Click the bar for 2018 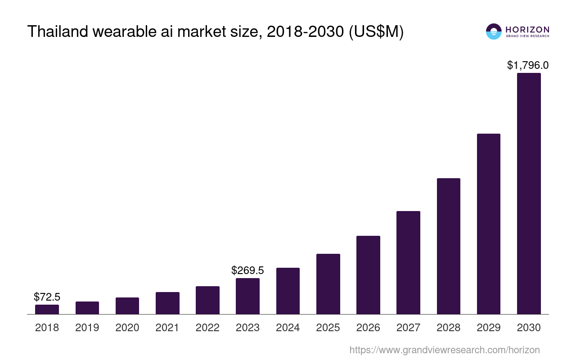pyautogui.click(x=47, y=309)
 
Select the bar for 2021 pyautogui.click(x=167, y=303)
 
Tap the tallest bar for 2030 pyautogui.click(x=529, y=193)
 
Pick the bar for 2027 pyautogui.click(x=408, y=262)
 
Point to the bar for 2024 pyautogui.click(x=288, y=291)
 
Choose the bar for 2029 pyautogui.click(x=488, y=224)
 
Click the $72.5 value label pyautogui.click(x=47, y=297)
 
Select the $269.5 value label pyautogui.click(x=247, y=270)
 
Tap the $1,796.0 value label pyautogui.click(x=528, y=65)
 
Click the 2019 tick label pyautogui.click(x=87, y=328)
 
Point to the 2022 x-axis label pyautogui.click(x=207, y=328)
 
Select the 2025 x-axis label pyautogui.click(x=328, y=328)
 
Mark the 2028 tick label pyautogui.click(x=448, y=328)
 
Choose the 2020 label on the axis pyautogui.click(x=127, y=328)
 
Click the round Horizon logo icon pyautogui.click(x=494, y=31)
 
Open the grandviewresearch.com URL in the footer pyautogui.click(x=444, y=350)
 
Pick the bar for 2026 pyautogui.click(x=368, y=275)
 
